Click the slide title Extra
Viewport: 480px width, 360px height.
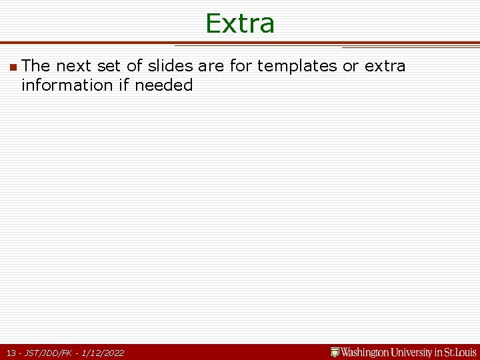click(x=240, y=23)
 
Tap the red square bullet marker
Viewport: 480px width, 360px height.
click(x=13, y=67)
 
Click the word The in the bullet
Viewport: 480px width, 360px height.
click(x=36, y=66)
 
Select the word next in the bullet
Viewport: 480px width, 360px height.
click(x=74, y=66)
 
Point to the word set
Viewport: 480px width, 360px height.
click(x=111, y=66)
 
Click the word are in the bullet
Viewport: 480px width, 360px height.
click(x=211, y=66)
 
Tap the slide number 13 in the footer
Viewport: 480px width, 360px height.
click(x=11, y=353)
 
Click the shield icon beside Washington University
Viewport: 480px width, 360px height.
click(x=335, y=352)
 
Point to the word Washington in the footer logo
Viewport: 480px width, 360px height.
click(x=367, y=352)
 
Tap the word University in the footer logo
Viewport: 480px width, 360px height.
click(x=414, y=352)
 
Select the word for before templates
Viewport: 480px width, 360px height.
click(x=241, y=66)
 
